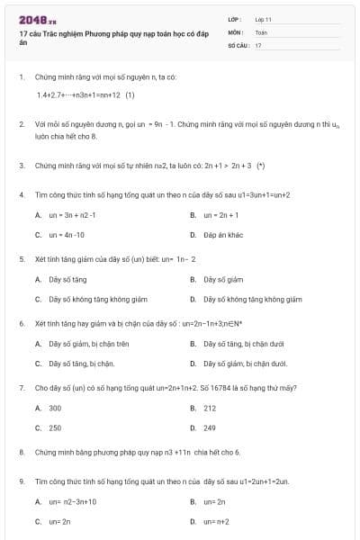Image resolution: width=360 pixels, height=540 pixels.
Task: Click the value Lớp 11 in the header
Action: point(263,18)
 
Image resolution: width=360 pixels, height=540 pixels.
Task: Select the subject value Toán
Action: point(261,31)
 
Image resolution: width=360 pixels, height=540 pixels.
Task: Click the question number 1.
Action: point(21,77)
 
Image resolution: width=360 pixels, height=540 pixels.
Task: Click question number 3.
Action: point(21,166)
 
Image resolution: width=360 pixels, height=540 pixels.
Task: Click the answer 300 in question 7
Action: point(55,408)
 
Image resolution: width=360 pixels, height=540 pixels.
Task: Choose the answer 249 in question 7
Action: point(210,427)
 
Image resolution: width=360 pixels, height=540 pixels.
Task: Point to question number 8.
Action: point(21,452)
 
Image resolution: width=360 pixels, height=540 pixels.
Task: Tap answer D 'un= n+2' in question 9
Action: point(217,521)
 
